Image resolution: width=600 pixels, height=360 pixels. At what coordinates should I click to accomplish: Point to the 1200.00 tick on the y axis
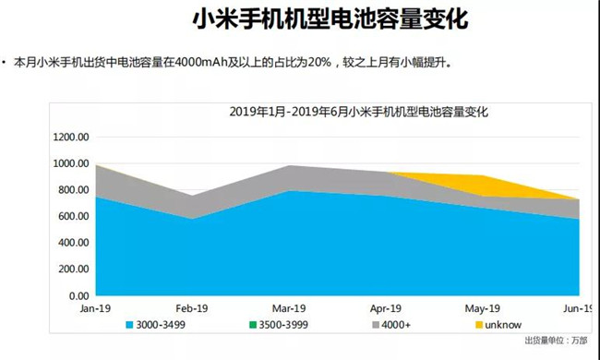point(71,138)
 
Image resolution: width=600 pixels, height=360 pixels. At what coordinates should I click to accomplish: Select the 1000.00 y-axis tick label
point(71,164)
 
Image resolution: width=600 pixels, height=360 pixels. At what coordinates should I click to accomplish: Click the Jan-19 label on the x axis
point(96,310)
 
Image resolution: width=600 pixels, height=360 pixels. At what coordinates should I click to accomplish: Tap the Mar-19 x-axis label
point(289,310)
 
